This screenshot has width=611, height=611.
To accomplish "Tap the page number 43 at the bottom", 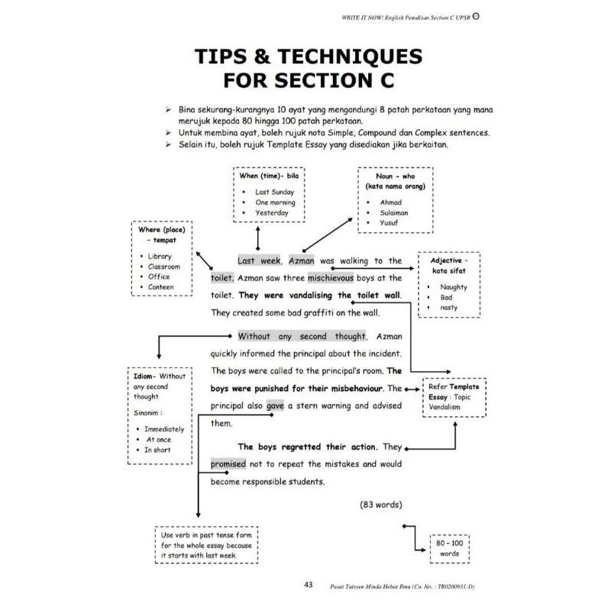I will tap(309, 585).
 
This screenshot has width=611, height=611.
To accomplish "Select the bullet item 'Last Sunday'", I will tap(273, 192).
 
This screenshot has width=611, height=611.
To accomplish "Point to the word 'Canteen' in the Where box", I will tap(161, 287).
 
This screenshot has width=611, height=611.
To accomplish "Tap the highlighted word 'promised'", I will tap(228, 464).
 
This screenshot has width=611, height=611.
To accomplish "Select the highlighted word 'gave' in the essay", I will tap(275, 406).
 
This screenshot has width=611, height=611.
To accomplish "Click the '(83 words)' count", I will tap(380, 505).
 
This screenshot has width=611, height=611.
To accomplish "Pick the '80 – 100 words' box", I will tap(449, 548).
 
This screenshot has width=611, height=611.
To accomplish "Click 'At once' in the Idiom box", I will tap(158, 440).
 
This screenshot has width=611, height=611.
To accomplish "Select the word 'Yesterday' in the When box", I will tap(272, 213).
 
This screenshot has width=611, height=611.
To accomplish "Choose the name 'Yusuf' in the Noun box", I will tap(390, 223).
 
